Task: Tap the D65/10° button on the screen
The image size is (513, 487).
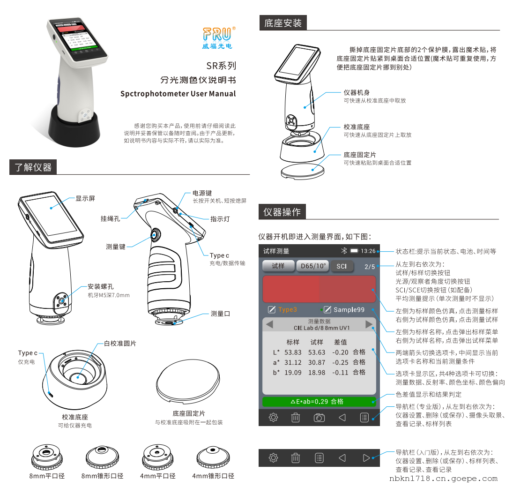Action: (313, 266)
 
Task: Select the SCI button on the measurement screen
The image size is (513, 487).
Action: (342, 266)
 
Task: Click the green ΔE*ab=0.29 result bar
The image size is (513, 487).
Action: (319, 402)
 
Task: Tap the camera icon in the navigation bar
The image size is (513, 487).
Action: (319, 418)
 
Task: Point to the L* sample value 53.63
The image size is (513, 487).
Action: (317, 352)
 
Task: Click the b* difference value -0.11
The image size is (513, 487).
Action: (340, 373)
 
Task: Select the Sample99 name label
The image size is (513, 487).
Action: (349, 310)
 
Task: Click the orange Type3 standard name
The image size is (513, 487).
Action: (288, 310)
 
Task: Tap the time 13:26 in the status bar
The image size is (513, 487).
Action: (368, 251)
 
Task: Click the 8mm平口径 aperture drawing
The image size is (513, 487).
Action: (46, 457)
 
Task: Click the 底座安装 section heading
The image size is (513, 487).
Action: (283, 23)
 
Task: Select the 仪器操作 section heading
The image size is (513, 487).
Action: (282, 212)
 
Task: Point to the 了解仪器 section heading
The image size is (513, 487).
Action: (33, 167)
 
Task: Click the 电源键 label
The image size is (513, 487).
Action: (202, 193)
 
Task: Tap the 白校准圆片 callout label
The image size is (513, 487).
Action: (120, 343)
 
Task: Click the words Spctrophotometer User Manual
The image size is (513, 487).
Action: (178, 94)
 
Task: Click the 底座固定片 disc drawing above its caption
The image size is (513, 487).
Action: (188, 382)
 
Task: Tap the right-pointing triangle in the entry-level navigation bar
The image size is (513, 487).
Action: (366, 458)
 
